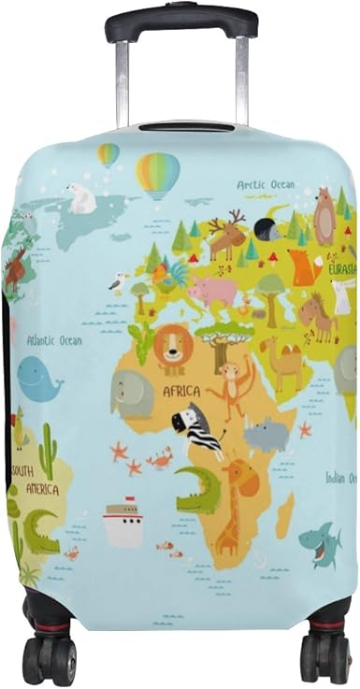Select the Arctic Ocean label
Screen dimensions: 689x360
point(265,185)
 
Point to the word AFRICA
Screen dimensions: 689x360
point(184,392)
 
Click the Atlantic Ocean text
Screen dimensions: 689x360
point(54,340)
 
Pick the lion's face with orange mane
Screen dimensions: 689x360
point(173,347)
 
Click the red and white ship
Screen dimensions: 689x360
point(122,524)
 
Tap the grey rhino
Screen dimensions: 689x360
point(266,433)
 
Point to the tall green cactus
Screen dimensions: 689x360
point(48,452)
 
